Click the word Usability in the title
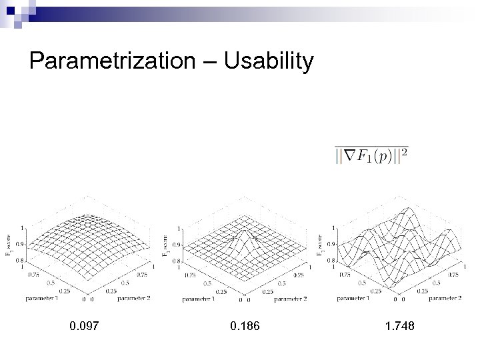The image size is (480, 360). tap(269, 61)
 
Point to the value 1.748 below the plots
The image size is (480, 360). tap(399, 326)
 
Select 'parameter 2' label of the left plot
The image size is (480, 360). tap(133, 298)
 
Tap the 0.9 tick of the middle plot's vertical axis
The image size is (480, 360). tap(177, 245)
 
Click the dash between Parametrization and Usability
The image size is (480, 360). tap(212, 63)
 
